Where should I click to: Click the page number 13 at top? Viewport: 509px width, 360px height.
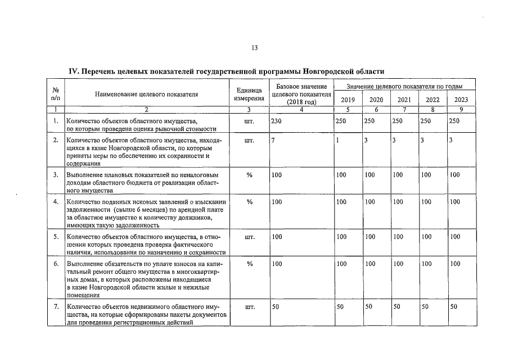tap(254, 48)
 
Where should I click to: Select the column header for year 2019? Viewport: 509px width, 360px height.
tap(348, 100)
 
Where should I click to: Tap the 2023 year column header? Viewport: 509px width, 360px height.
tap(461, 100)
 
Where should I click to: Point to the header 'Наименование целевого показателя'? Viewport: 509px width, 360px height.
tap(146, 94)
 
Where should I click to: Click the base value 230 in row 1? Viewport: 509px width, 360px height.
tap(276, 121)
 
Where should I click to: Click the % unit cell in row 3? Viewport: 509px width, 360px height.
tap(249, 175)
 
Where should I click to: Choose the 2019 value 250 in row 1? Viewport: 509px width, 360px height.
tap(341, 121)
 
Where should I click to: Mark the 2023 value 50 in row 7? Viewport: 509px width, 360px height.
tap(454, 307)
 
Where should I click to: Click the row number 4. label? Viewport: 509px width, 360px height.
tap(56, 201)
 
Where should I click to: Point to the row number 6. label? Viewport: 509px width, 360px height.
tap(56, 263)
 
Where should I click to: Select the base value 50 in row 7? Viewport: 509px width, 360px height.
tap(275, 307)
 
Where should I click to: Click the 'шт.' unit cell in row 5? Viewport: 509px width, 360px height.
tap(249, 237)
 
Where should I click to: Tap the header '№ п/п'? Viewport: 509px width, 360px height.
tap(56, 94)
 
